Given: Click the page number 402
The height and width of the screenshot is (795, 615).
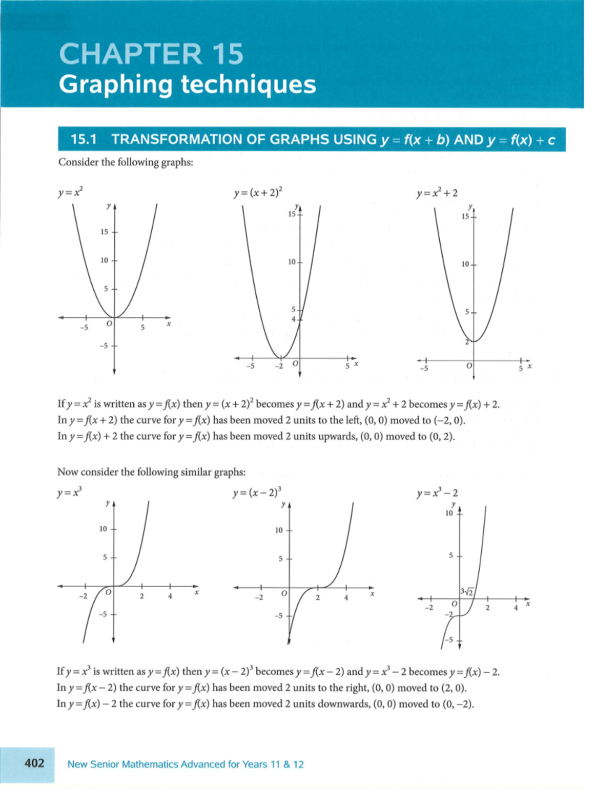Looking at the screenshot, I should click(x=34, y=763).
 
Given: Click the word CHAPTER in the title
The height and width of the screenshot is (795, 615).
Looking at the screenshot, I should click(x=130, y=54).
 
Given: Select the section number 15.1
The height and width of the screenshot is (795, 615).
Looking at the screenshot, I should click(x=84, y=139).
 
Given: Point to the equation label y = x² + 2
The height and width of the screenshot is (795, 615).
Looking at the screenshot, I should click(x=437, y=193).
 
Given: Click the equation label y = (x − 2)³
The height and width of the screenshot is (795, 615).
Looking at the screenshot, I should click(x=256, y=493).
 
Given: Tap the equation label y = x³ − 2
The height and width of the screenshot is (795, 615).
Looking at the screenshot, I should click(x=437, y=493).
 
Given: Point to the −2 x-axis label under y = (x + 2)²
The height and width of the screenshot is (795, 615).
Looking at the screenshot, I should click(x=278, y=366).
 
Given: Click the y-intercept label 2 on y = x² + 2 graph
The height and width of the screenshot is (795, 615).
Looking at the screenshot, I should click(x=467, y=342).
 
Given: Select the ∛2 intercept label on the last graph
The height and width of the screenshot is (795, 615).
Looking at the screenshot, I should click(x=467, y=592).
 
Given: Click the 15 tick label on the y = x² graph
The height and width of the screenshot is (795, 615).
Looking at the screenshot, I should click(x=105, y=232).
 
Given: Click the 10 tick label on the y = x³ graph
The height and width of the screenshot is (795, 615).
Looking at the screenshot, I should click(x=104, y=529).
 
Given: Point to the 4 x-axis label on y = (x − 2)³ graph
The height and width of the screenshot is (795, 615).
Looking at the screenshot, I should click(x=346, y=597).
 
